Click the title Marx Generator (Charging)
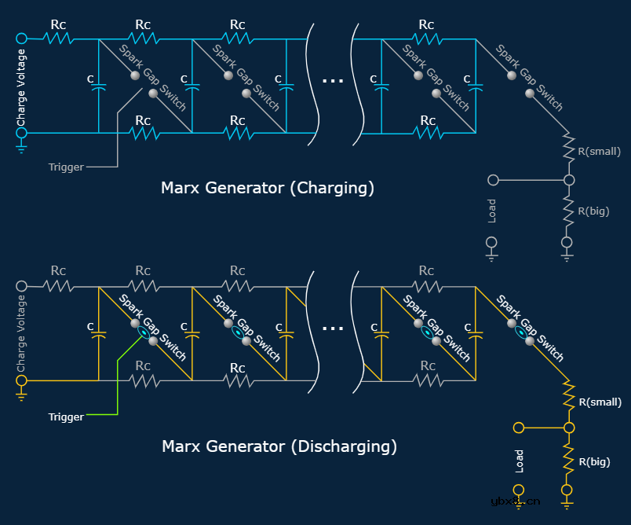(x=267, y=189)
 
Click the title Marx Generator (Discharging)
(x=279, y=446)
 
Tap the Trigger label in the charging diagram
(x=66, y=167)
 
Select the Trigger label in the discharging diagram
(x=66, y=417)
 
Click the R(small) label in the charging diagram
(x=600, y=152)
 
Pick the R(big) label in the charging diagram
(x=593, y=211)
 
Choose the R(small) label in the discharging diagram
(x=600, y=402)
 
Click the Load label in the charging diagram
(x=492, y=211)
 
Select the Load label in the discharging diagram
(x=519, y=461)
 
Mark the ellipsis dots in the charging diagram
(x=333, y=80)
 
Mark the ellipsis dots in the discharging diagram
(x=333, y=328)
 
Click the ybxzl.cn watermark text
(x=515, y=501)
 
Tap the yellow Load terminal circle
(x=518, y=428)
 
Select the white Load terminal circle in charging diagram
(x=493, y=180)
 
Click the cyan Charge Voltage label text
(x=21, y=87)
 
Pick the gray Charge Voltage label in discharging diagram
(x=21, y=335)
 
